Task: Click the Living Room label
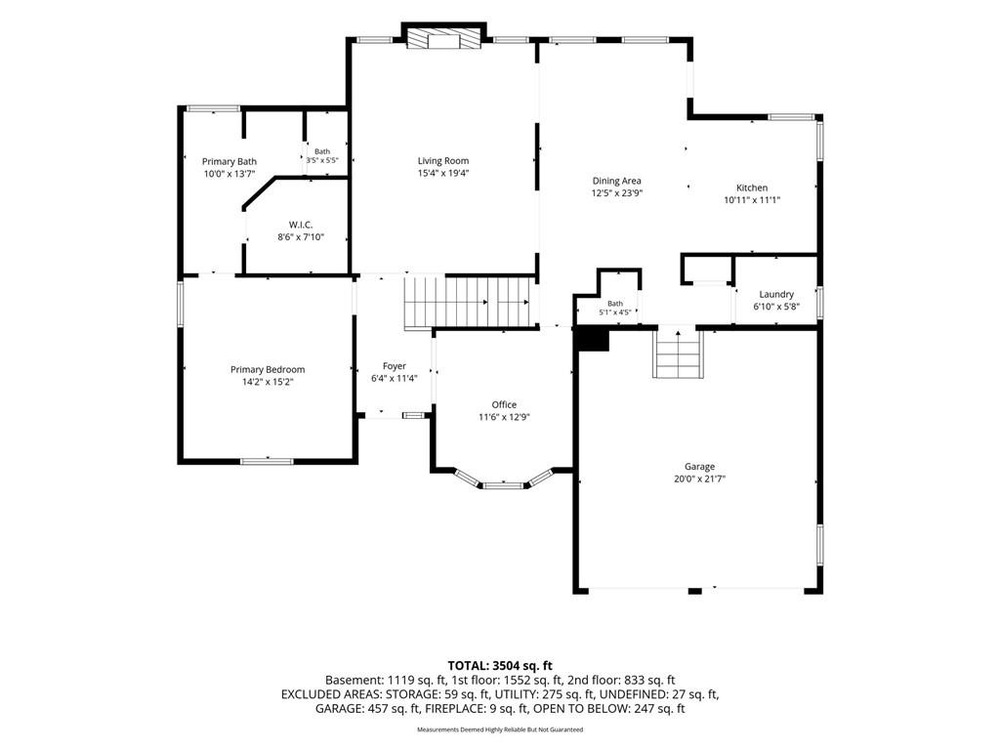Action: tap(443, 161)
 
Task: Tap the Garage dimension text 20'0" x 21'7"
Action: tap(699, 479)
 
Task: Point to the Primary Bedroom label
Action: tap(268, 369)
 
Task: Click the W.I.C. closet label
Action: tap(301, 225)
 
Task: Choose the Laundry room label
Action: tap(776, 294)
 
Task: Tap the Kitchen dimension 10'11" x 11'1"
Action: tap(752, 199)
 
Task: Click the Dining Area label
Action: tap(617, 181)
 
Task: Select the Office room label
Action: tap(504, 404)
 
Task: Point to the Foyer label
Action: tap(395, 366)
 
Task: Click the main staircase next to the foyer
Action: tap(468, 303)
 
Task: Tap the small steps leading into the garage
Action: tap(678, 353)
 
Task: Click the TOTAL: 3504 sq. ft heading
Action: tap(499, 666)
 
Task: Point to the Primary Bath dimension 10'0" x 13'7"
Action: tap(229, 174)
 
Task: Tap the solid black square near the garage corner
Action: tap(593, 339)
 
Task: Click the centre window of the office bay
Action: tap(503, 486)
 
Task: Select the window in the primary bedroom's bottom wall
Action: tap(267, 461)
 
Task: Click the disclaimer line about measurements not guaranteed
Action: tap(500, 729)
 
